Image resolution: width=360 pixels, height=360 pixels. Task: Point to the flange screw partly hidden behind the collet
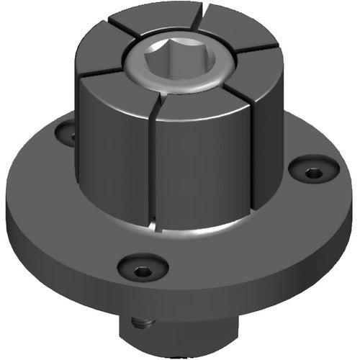click(x=67, y=132)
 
